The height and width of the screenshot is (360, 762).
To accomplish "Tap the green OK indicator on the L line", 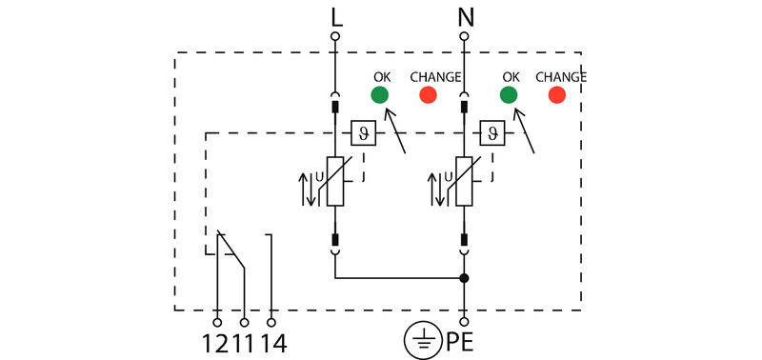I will [x=379, y=94].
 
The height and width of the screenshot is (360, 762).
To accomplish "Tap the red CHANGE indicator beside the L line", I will [x=429, y=94].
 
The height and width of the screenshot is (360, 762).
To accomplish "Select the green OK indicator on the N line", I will [x=509, y=94].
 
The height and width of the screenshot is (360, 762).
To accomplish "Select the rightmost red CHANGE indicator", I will [x=557, y=94].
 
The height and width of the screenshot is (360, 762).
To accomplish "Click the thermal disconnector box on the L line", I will [x=363, y=132].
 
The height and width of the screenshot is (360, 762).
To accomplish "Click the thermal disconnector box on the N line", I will [x=491, y=132].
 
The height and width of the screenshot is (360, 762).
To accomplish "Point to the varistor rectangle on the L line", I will [x=335, y=181].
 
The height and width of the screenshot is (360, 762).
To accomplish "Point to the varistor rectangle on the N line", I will [x=464, y=181].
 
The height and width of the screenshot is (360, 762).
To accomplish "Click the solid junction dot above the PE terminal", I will [x=464, y=279].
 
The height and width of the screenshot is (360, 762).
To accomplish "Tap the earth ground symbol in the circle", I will [x=423, y=338].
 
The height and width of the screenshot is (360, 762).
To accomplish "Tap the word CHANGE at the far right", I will [x=561, y=76].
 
